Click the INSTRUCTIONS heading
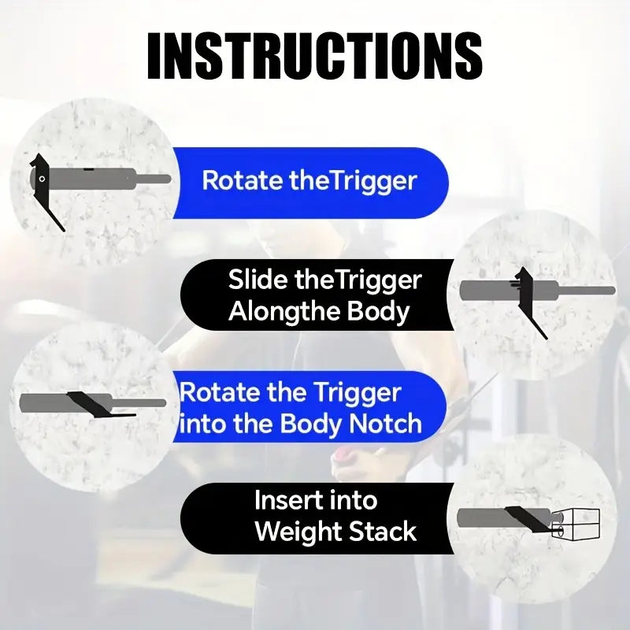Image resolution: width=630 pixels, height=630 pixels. tap(315, 55)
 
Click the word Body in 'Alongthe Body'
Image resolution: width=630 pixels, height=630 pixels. tap(378, 312)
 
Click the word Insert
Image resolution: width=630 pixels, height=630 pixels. tap(289, 500)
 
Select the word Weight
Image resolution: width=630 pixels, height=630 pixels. tap(298, 532)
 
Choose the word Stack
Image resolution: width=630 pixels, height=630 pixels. tap(382, 531)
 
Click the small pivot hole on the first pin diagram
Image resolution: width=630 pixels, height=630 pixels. tap(42, 179)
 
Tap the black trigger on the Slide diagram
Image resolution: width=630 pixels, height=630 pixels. tap(527, 299)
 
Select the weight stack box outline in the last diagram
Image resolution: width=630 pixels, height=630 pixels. tap(576, 524)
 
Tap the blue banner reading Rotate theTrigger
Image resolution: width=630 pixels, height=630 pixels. tap(310, 183)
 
